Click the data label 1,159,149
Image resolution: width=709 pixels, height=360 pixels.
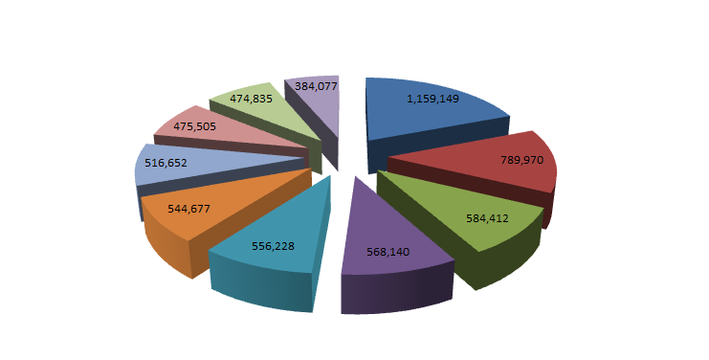pos(432,99)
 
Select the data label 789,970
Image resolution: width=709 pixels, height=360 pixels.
pos(521,160)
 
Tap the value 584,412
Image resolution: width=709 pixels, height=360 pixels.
pos(487,218)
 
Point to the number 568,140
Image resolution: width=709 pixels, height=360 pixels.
pos(388,252)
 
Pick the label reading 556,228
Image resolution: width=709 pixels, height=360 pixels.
pos(273,246)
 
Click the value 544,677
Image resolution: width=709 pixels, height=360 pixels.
pos(188,209)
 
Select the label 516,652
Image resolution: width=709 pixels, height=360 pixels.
pos(166,163)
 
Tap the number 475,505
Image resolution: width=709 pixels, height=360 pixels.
pos(194,126)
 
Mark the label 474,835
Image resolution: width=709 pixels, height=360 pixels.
pos(251,99)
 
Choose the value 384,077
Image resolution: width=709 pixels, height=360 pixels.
pos(316,86)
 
